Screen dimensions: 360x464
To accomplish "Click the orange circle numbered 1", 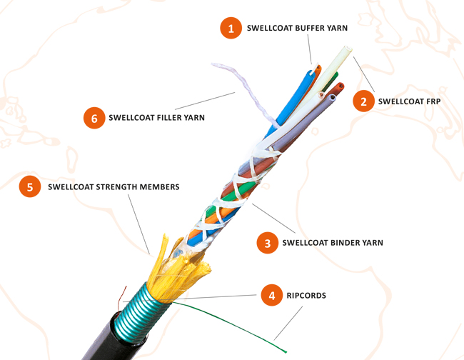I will pos(230,29).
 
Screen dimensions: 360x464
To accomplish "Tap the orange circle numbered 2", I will pos(363,101).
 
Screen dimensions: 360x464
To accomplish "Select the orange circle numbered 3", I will pos(268,243).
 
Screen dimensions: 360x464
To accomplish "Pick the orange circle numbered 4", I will pos(272,294).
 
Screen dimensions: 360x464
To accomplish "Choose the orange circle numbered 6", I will pos(94,118).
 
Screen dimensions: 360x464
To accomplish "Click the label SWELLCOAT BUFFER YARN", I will pos(297,29).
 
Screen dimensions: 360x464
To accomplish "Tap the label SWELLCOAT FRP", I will pos(409,101).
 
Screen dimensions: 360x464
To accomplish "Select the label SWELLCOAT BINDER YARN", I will pos(333,243).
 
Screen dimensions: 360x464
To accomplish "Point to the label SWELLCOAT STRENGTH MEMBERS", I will pos(114,187).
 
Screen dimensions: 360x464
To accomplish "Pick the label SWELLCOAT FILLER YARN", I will pos(156,118).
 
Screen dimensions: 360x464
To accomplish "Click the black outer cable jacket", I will pos(107,339).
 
